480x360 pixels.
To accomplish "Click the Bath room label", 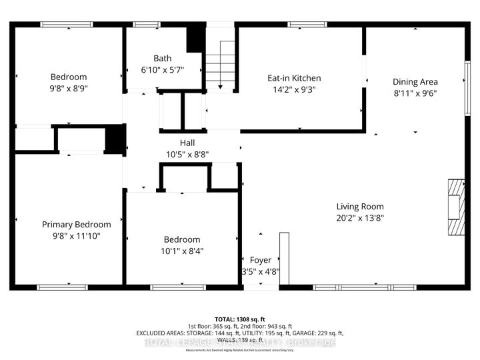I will coord(163,58).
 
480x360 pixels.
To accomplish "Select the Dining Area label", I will coord(415,82).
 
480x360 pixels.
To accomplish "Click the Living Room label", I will coord(360,207).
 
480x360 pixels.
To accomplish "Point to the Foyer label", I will coord(261,260).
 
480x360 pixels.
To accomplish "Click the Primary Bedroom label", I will coord(77,225).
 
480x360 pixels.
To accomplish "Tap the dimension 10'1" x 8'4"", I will coord(183,251).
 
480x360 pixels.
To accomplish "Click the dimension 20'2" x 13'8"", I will coord(360,218).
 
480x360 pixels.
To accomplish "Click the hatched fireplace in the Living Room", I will coord(455,207).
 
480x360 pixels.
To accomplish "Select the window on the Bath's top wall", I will coord(143,25).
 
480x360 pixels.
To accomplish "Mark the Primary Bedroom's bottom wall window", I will coord(62,287).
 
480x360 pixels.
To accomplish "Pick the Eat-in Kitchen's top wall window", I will coord(307,25).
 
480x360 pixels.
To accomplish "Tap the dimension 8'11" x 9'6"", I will coord(415,93).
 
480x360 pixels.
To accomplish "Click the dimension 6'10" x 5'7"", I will coord(163,69).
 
